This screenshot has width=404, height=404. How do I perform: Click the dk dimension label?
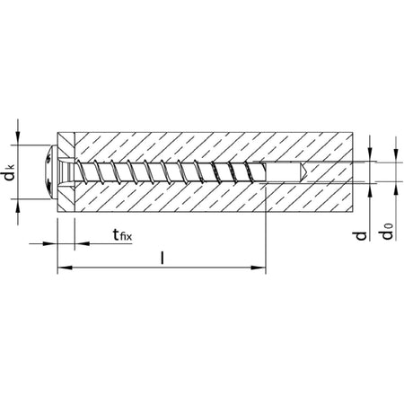click(11, 172)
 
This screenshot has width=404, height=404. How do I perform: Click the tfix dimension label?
click(122, 235)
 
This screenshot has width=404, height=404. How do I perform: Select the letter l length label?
click(162, 258)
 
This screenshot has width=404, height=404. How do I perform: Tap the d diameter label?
click(362, 235)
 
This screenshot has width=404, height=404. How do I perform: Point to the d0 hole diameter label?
click(387, 232)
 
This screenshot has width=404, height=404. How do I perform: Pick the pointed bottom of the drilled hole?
click(303, 172)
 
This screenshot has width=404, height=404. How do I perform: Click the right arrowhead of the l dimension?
click(259, 268)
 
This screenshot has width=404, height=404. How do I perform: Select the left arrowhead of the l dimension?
click(65, 268)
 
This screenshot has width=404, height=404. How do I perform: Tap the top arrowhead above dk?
click(18, 137)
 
